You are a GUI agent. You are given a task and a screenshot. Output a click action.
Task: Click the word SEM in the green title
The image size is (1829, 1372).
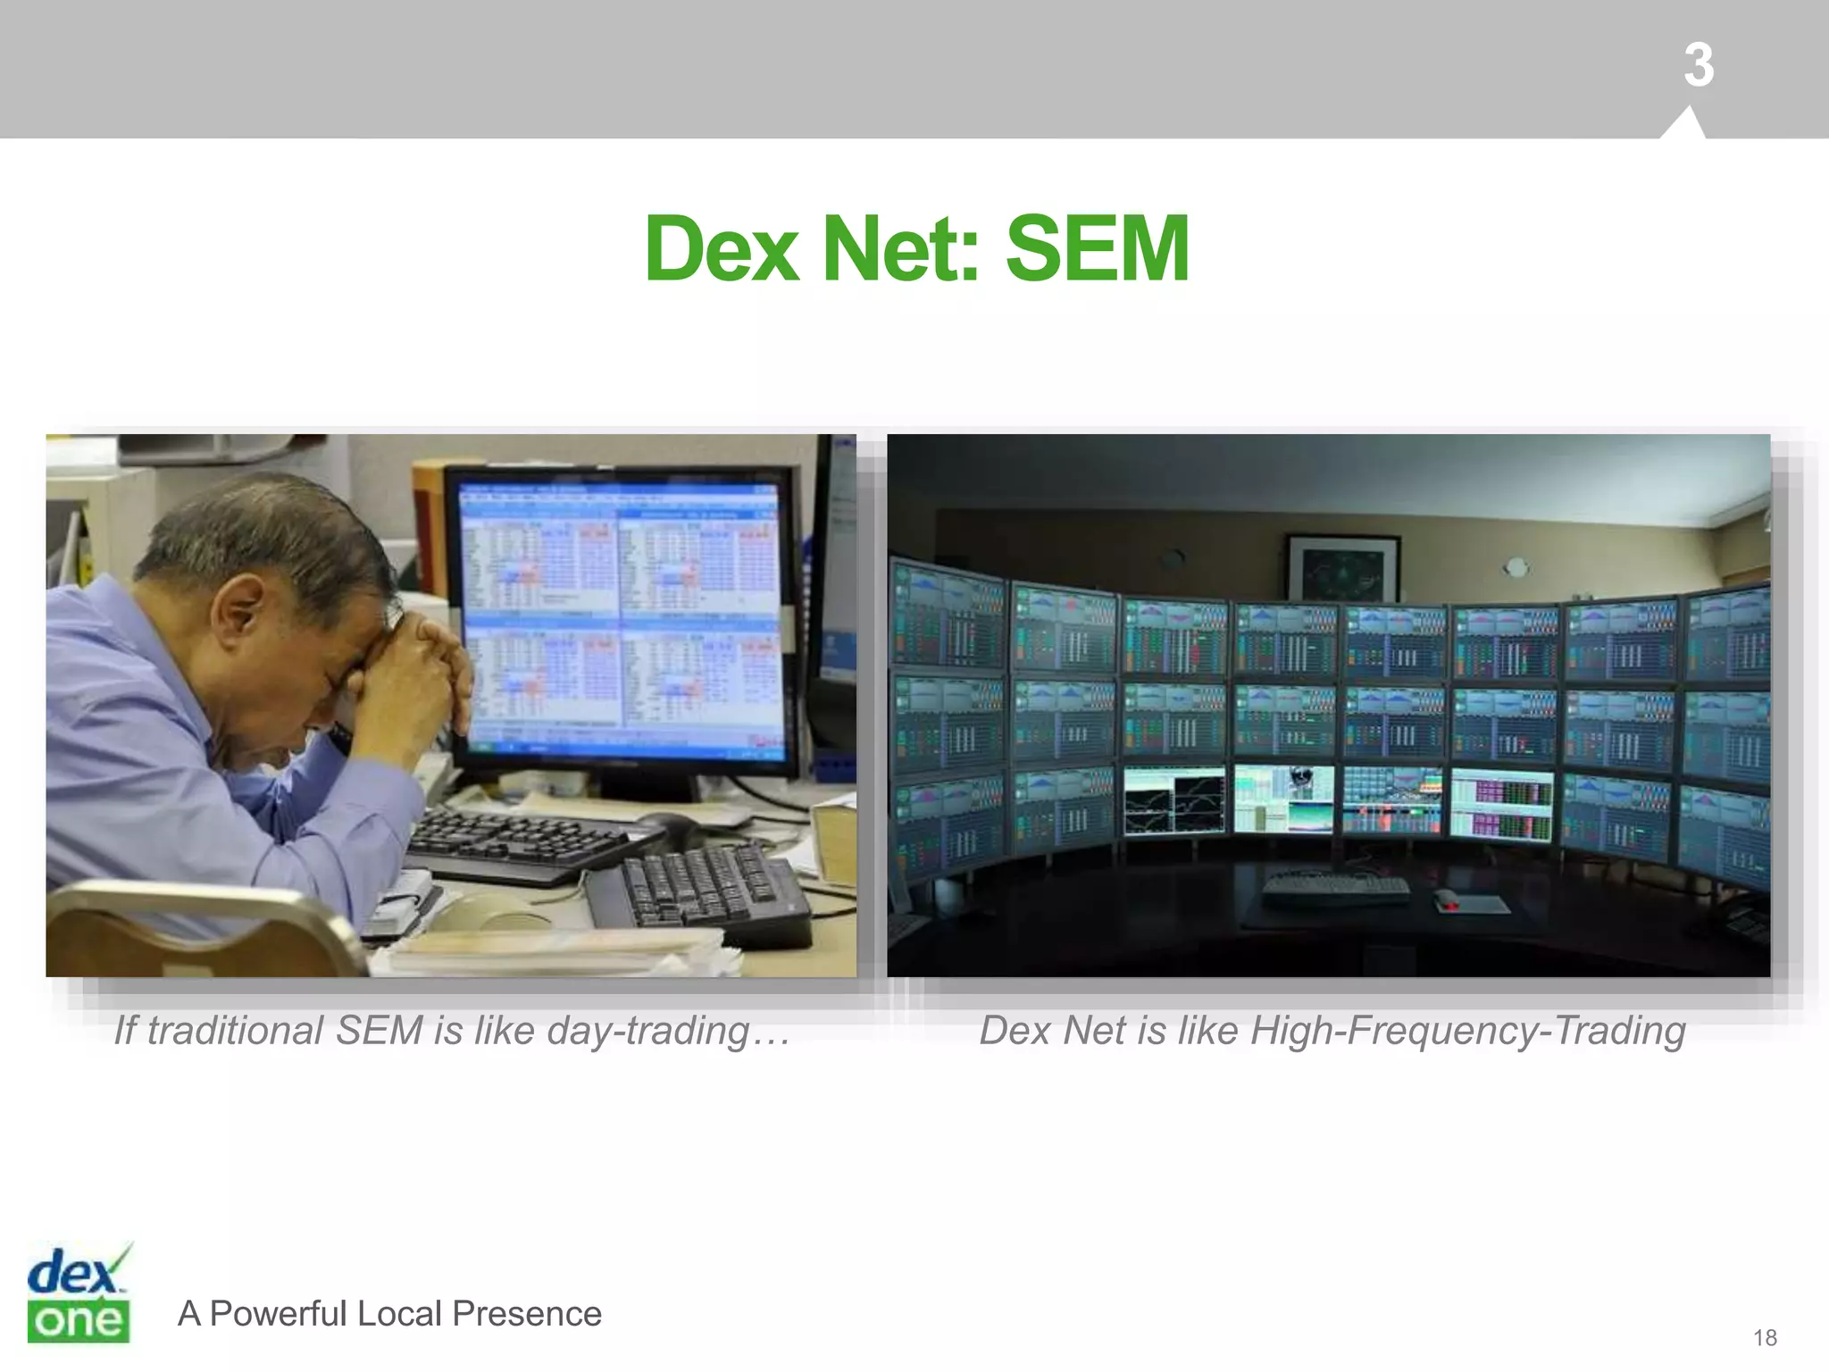click(x=1097, y=249)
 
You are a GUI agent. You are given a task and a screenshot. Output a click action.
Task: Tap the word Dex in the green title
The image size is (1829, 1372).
click(x=722, y=249)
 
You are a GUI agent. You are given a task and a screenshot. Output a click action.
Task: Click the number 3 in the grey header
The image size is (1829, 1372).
click(x=1698, y=65)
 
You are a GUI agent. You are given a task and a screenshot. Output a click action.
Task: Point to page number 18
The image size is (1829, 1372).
click(x=1765, y=1337)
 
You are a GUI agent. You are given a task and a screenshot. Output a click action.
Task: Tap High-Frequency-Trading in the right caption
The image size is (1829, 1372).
click(x=1467, y=1032)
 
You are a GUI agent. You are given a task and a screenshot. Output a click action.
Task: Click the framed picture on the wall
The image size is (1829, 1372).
click(x=1341, y=567)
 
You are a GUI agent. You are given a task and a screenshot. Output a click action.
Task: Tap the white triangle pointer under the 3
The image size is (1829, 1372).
click(x=1683, y=125)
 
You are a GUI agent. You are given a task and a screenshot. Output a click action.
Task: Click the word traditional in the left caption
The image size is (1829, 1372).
click(x=235, y=1032)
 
